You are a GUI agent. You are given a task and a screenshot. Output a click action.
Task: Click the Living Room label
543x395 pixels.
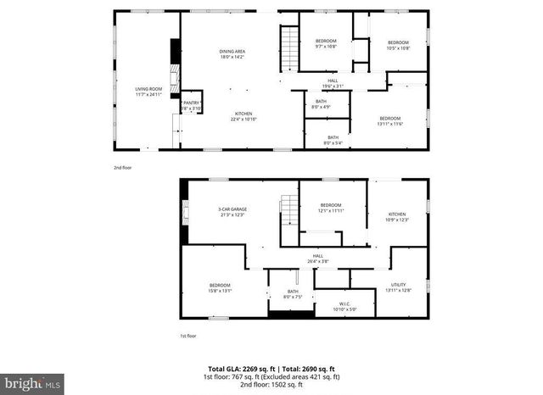pyautogui.click(x=148, y=91)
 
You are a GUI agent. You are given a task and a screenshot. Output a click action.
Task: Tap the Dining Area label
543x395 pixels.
pyautogui.click(x=232, y=54)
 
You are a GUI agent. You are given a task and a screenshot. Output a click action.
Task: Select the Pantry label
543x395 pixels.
pyautogui.click(x=191, y=106)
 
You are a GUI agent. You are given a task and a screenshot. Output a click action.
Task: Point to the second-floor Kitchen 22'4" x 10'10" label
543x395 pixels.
pyautogui.click(x=244, y=117)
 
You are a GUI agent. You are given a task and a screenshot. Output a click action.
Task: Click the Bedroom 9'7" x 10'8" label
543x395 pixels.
pyautogui.click(x=327, y=44)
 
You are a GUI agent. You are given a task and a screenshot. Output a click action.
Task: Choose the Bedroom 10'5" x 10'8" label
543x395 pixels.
pyautogui.click(x=399, y=45)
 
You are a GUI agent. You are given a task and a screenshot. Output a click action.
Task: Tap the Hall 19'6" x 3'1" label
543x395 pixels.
pyautogui.click(x=333, y=84)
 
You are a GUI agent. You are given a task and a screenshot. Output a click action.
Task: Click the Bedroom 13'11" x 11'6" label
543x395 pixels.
pyautogui.click(x=389, y=120)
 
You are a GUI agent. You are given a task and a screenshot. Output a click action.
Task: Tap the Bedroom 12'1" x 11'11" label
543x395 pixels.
pyautogui.click(x=331, y=208)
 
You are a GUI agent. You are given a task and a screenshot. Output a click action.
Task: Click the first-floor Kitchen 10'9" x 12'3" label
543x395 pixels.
pyautogui.click(x=397, y=217)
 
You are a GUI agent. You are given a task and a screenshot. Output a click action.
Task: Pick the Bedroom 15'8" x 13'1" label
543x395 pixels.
pyautogui.click(x=220, y=287)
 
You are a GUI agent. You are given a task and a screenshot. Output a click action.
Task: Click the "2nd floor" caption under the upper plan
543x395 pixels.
pyautogui.click(x=123, y=167)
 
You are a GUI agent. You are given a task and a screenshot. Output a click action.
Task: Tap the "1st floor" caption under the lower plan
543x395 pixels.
pyautogui.click(x=188, y=336)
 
